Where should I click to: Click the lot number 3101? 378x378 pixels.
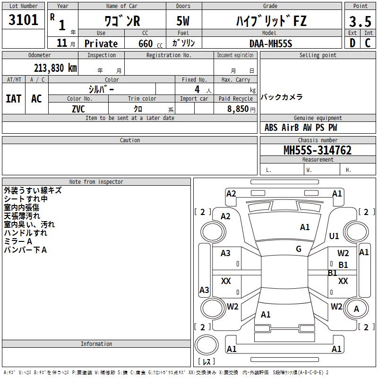[x=23, y=19]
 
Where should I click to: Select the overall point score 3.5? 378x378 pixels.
[x=360, y=22]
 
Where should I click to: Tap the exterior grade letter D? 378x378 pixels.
[x=352, y=43]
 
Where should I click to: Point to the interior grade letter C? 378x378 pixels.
[x=368, y=43]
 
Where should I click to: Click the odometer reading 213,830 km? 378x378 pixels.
[x=55, y=68]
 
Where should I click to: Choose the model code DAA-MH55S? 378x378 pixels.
[x=271, y=43]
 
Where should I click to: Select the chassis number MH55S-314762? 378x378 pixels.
[x=318, y=150]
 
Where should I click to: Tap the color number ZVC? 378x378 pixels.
[x=78, y=109]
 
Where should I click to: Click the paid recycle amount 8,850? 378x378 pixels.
[x=238, y=109]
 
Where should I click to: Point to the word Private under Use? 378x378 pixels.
[x=101, y=43]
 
